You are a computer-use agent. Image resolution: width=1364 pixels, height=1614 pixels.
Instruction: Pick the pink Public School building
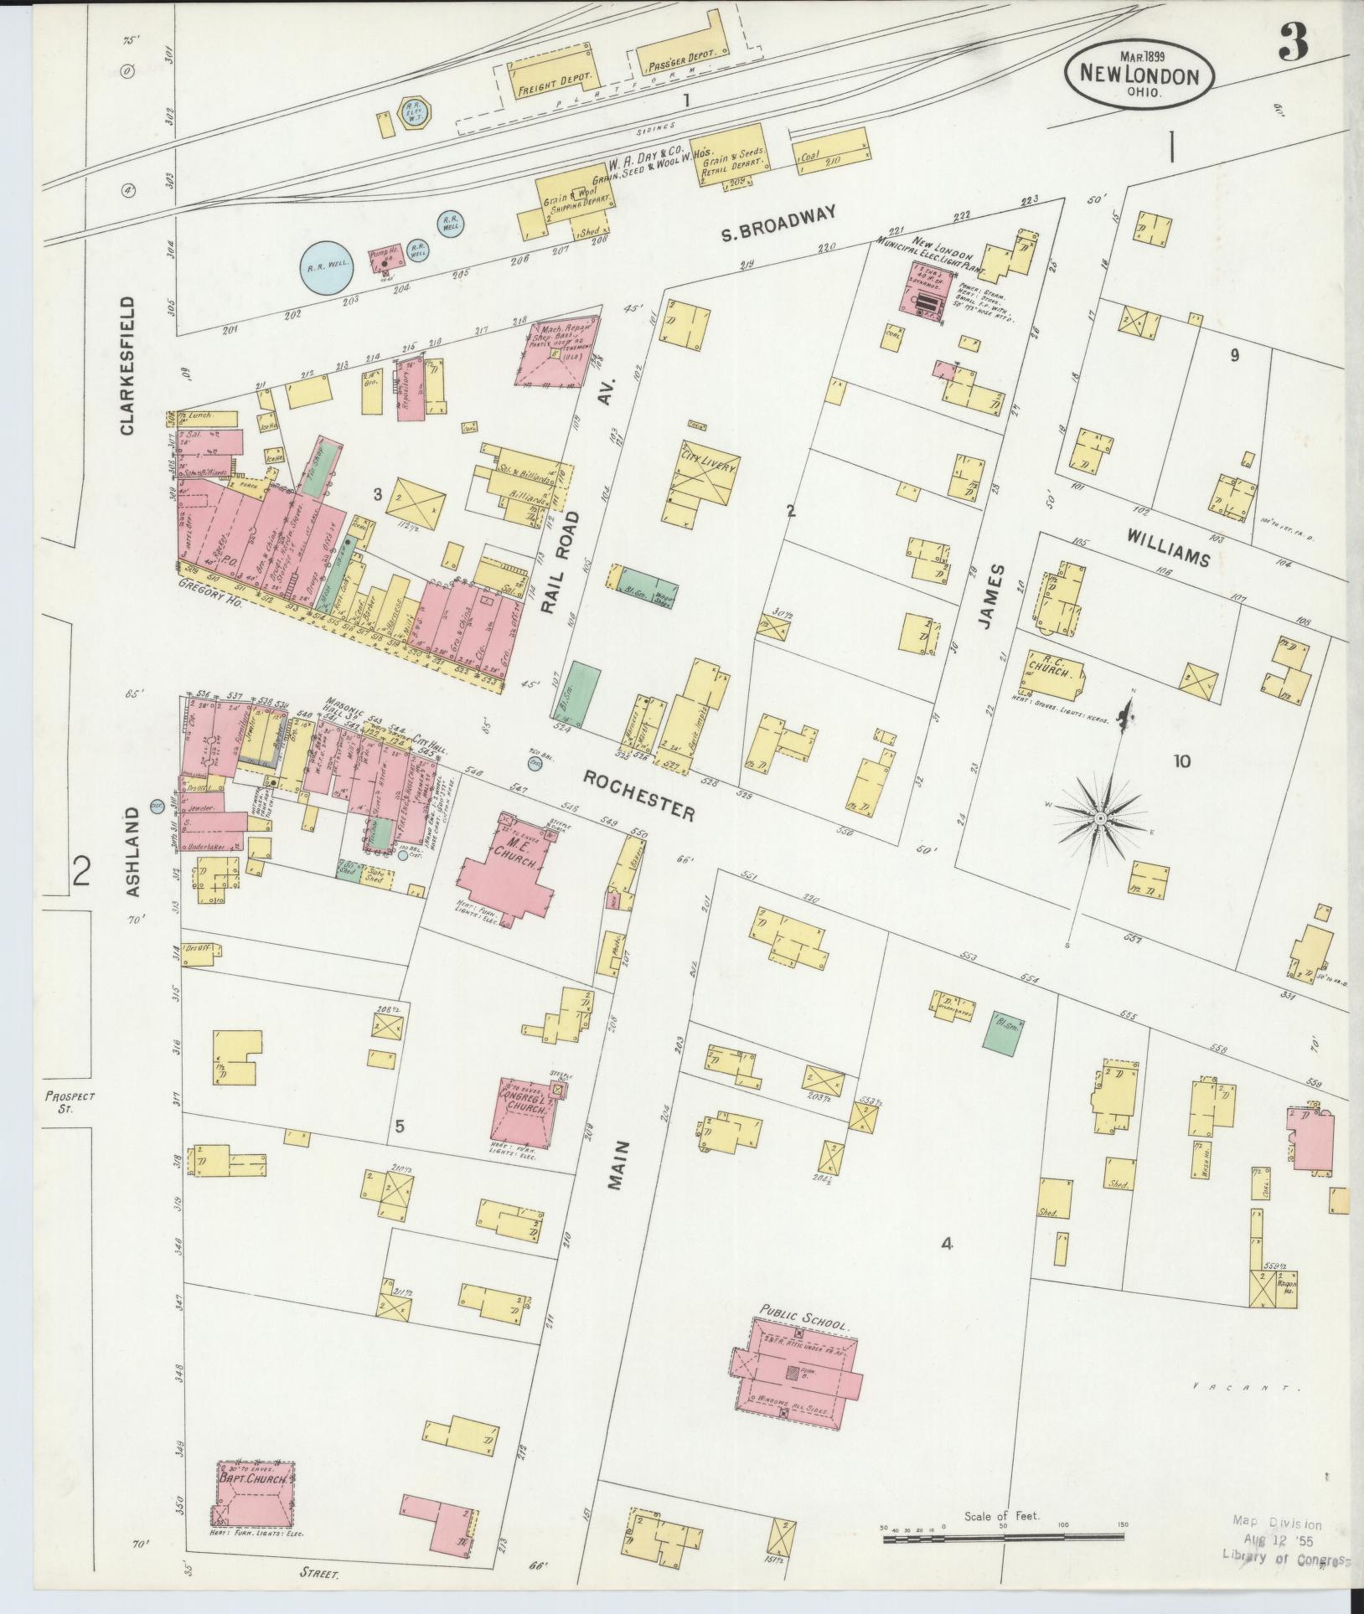[x=796, y=1374]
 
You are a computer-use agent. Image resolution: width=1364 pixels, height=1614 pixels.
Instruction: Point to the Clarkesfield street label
[x=127, y=365]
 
